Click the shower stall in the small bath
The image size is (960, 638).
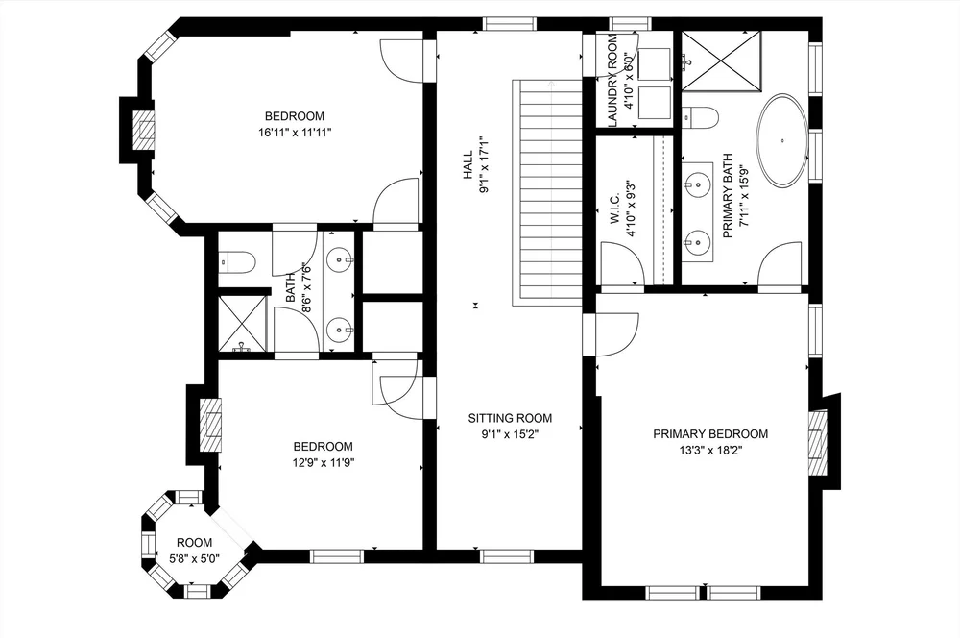241,325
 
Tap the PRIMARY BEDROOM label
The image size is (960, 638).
710,434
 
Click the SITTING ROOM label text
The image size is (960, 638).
510,418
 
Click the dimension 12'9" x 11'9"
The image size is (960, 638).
323,462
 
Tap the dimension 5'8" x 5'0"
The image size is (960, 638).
194,557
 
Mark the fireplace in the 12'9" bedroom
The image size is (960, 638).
209,423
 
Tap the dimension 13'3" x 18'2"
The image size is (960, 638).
710,450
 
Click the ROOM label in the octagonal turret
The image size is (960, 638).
194,542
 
